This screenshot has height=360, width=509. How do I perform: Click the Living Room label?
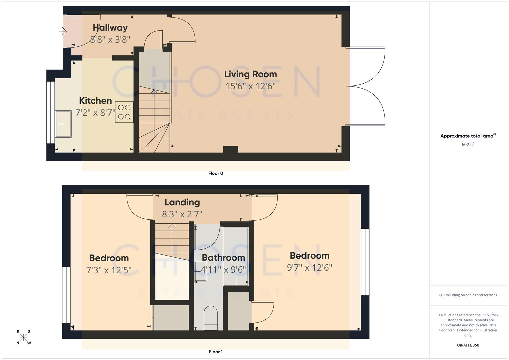(250, 74)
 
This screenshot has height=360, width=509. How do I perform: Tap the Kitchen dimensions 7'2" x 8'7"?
(95, 113)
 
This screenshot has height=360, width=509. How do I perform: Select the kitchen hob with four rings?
(124, 112)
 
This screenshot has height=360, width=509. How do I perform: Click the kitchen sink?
(63, 124)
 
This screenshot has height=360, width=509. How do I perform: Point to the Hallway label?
(110, 28)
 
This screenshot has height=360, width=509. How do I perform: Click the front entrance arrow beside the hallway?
(63, 31)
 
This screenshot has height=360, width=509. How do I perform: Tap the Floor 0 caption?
(216, 173)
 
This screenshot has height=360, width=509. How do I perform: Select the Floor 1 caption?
(216, 352)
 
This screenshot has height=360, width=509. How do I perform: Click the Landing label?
(182, 202)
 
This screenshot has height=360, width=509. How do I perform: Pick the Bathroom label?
(223, 258)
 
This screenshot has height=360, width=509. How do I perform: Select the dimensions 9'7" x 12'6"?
(310, 267)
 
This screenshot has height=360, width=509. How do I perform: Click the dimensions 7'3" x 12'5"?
(109, 270)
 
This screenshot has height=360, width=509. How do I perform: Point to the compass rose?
(24, 337)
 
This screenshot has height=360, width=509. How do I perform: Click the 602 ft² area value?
(468, 145)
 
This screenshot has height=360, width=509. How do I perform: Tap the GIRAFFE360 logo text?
(468, 345)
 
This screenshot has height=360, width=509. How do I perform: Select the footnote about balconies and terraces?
(468, 295)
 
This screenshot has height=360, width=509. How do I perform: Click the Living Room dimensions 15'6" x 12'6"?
(251, 86)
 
